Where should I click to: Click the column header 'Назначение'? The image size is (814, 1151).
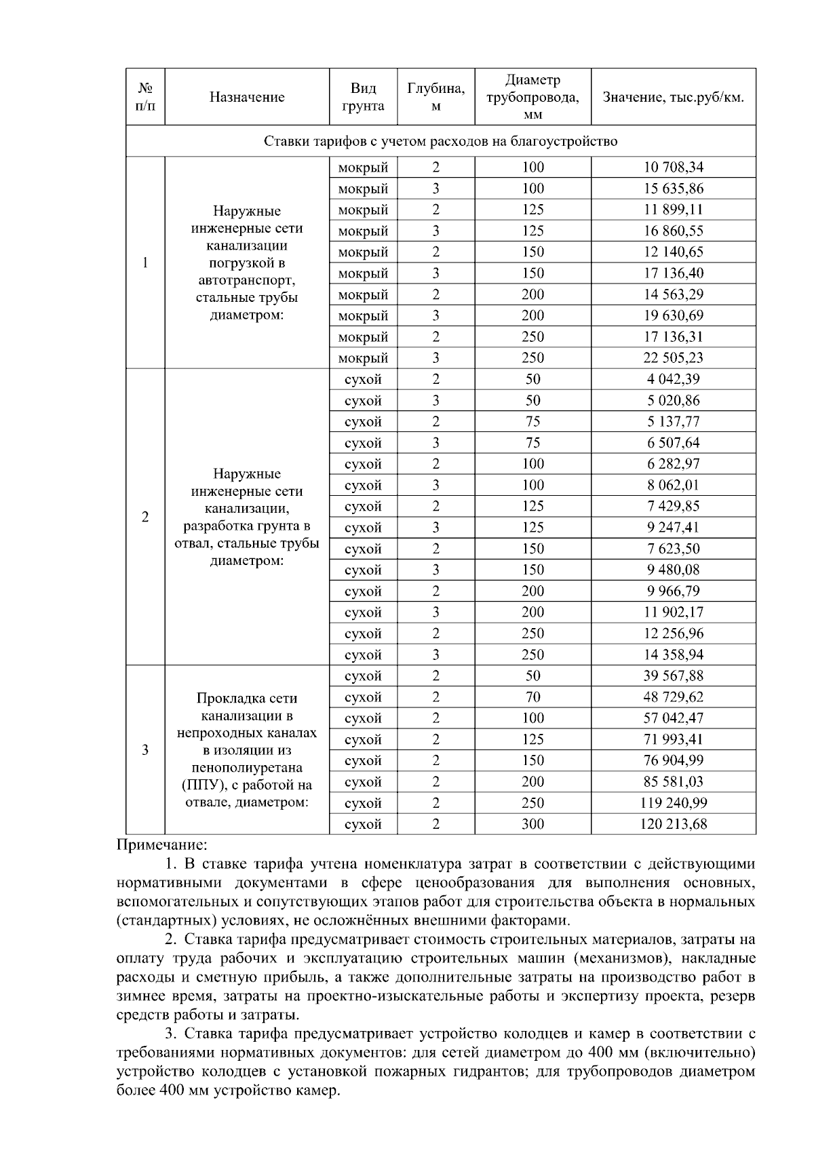tap(247, 97)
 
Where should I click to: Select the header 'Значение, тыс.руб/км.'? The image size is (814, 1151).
tap(673, 97)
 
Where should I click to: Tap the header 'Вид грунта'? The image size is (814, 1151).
tap(363, 97)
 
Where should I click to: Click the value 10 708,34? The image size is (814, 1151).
tap(673, 168)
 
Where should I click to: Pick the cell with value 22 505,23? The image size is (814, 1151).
tap(673, 358)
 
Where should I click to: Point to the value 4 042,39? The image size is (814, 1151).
tap(673, 379)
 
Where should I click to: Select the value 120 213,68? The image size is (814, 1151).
tap(673, 824)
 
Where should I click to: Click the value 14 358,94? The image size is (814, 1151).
tap(673, 655)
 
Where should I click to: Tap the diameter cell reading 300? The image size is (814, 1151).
tap(532, 824)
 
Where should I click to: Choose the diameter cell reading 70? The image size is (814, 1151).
tap(532, 697)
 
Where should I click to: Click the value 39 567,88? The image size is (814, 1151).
tap(673, 676)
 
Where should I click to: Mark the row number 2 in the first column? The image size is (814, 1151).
tap(145, 517)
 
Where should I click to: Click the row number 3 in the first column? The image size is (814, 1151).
tap(145, 750)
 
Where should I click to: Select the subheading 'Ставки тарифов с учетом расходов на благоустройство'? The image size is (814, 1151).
tap(440, 141)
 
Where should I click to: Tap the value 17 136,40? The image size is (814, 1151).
tap(673, 273)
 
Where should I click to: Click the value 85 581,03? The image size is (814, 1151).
tap(673, 781)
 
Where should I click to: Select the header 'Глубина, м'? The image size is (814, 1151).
tap(435, 97)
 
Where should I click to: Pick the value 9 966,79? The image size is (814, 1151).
tap(673, 591)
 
